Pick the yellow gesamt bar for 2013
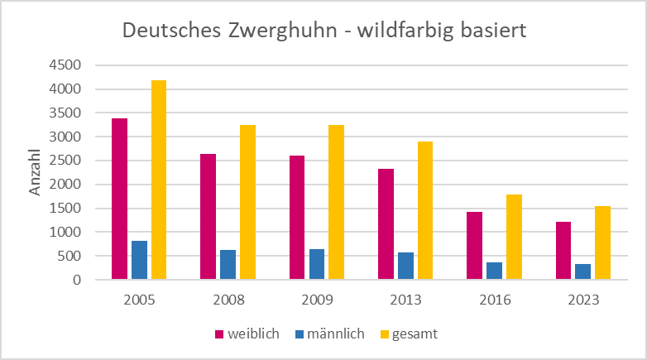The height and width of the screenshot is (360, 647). point(424,210)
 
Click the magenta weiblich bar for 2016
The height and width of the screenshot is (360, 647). point(474,246)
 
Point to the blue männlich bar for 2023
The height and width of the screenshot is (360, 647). point(582,271)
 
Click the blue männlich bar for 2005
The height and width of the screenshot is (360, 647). point(139,260)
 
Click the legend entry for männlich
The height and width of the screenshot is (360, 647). point(329,334)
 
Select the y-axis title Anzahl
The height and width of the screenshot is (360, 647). point(36,173)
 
